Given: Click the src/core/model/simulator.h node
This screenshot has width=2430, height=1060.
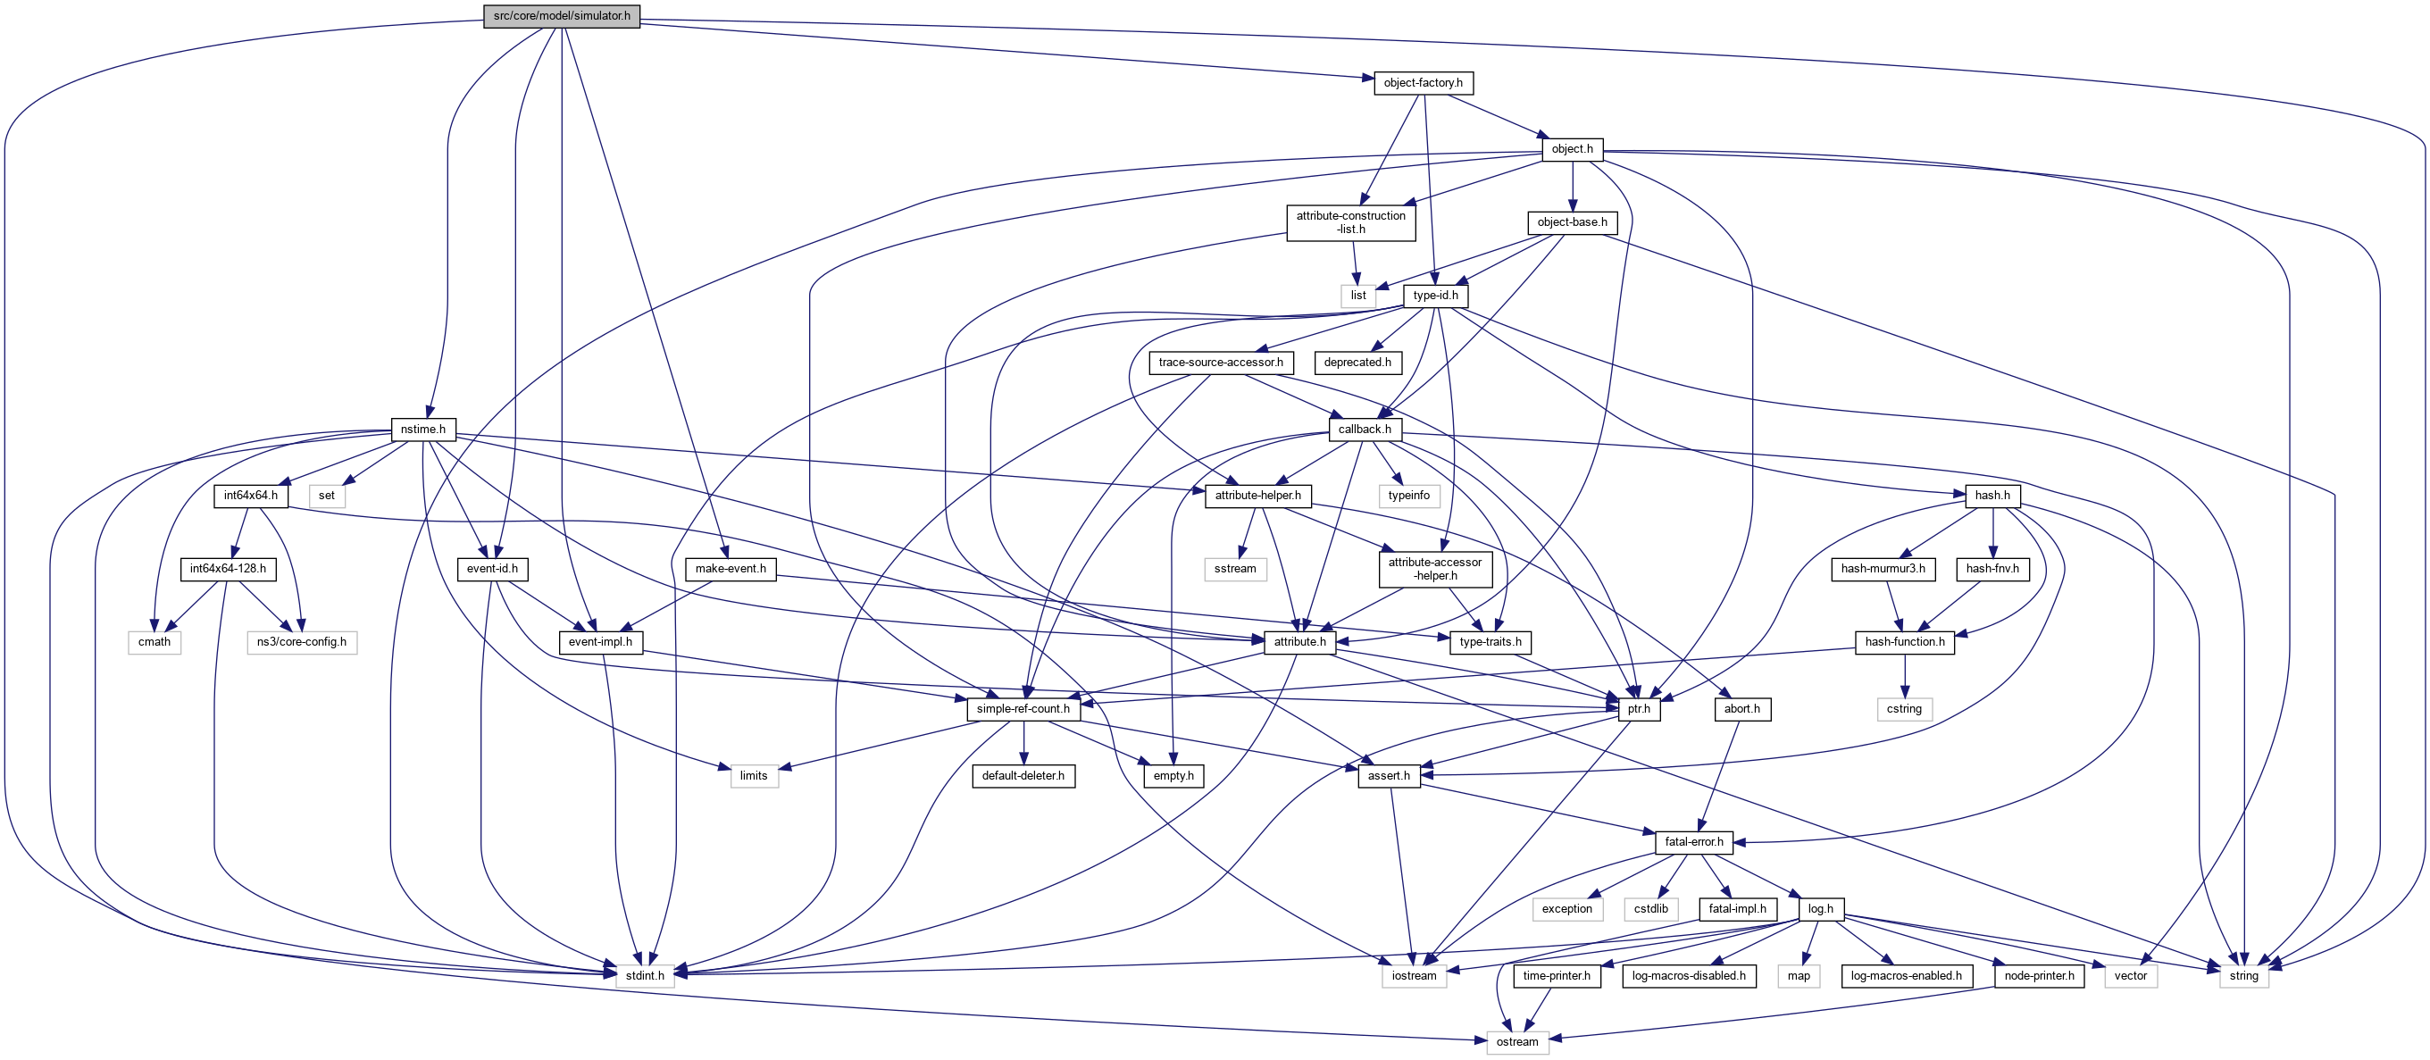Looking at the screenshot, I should click(x=561, y=16).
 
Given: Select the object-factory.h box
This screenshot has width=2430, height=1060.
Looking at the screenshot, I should click(x=1423, y=83).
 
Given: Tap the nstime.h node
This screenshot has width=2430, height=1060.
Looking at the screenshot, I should click(x=422, y=430).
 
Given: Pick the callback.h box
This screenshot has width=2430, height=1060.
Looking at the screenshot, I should click(x=1364, y=430).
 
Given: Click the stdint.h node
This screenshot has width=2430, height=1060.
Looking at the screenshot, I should click(x=646, y=975).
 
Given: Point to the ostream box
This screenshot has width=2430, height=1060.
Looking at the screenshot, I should click(x=1517, y=1042).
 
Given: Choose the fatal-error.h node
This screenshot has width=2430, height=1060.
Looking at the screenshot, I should click(x=1693, y=841).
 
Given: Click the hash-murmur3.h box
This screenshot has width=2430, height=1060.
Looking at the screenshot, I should click(x=1883, y=569).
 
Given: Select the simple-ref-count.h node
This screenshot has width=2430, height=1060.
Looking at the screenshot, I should click(x=1023, y=708).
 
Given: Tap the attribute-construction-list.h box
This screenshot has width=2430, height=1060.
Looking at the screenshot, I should click(x=1351, y=222).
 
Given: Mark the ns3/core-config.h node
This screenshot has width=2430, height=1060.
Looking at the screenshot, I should click(x=302, y=642).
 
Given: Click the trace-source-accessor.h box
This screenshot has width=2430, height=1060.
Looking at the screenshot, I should click(x=1221, y=363).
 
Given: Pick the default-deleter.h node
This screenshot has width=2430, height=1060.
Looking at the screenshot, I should click(x=1023, y=775).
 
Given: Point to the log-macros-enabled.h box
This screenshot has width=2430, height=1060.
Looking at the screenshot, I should click(x=1906, y=975).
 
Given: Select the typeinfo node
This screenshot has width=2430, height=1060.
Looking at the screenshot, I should click(x=1408, y=495).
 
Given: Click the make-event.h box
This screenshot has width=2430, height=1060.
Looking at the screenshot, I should click(x=731, y=569).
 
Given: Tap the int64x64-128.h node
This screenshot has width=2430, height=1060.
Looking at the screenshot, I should click(x=228, y=569).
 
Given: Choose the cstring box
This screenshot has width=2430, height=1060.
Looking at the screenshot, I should click(x=1904, y=708).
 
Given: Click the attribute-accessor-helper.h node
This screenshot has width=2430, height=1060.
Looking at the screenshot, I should click(x=1435, y=569).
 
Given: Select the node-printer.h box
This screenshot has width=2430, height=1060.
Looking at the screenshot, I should click(x=2039, y=975).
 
